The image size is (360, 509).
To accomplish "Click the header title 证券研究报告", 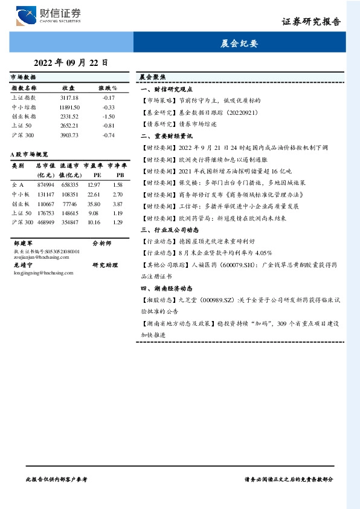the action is click(x=311, y=22).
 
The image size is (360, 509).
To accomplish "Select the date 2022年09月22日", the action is click(x=71, y=62).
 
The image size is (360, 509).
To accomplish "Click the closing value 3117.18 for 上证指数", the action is click(x=69, y=97).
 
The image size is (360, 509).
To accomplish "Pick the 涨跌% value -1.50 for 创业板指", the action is click(x=109, y=116).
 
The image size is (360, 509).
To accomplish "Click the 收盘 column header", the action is click(x=68, y=88).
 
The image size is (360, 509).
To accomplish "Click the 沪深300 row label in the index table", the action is click(x=23, y=135).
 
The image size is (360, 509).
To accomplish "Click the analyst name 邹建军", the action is click(x=22, y=243).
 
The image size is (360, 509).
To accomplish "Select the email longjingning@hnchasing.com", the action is click(x=38, y=273).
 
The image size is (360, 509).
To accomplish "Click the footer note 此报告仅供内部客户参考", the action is click(x=58, y=478).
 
